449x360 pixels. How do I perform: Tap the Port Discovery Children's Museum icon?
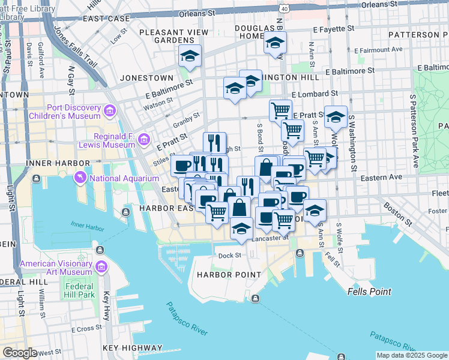coord(109,111)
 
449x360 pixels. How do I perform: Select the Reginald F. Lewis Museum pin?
coord(143,140)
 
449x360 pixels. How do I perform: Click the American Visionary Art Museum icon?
coord(100,266)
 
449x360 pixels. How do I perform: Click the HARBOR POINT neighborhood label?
coord(229,275)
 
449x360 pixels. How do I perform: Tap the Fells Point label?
coord(369,292)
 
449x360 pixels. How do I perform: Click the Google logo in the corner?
coord(20,353)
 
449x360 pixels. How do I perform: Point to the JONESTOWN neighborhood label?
coord(146,78)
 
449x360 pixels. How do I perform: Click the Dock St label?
coord(229,255)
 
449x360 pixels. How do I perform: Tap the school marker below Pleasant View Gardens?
coord(190,56)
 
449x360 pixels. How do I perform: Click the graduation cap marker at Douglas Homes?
coord(275,43)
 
